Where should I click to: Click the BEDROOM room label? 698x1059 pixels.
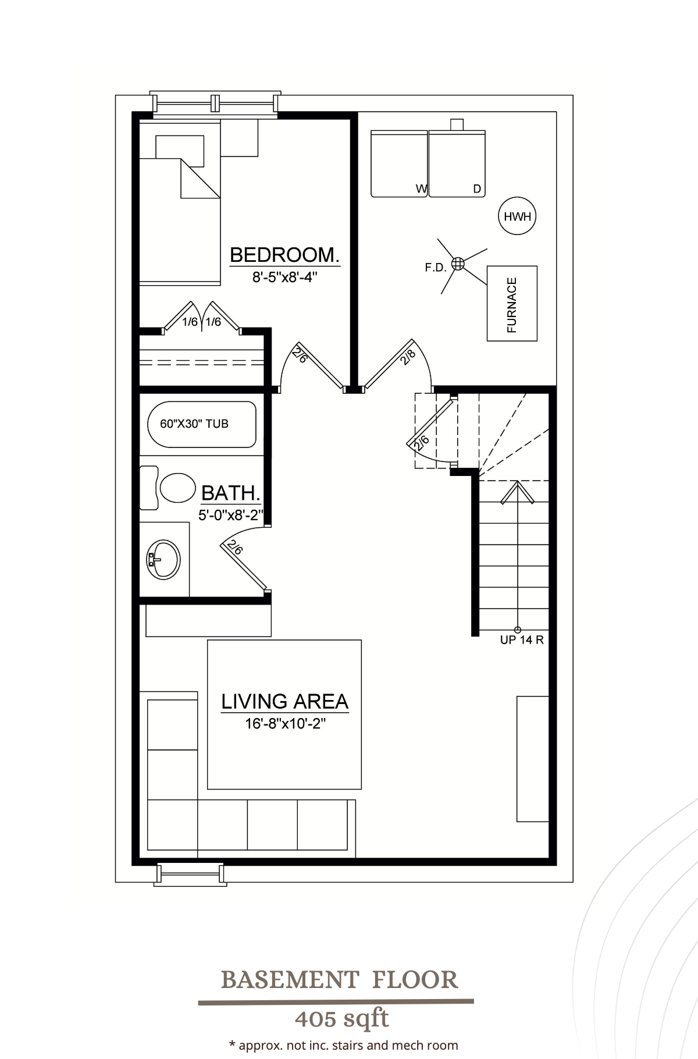coord(284,255)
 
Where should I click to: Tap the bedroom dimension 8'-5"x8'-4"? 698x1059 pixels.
coord(284,278)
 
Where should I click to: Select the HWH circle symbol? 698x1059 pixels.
coord(517,216)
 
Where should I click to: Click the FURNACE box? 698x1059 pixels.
coord(512,304)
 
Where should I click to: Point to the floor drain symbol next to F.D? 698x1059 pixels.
coord(458,264)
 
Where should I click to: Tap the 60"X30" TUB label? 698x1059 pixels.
coord(194,424)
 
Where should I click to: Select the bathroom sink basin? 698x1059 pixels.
coord(164,559)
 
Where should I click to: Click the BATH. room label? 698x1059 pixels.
coord(230,493)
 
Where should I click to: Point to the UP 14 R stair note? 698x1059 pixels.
coord(522,640)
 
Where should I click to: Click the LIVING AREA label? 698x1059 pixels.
coord(284,701)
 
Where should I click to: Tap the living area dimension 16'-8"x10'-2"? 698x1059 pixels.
coord(284,724)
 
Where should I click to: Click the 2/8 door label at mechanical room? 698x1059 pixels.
coord(408,357)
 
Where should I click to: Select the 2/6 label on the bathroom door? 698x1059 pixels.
coord(236,548)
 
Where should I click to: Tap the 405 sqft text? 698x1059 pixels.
coord(341,1019)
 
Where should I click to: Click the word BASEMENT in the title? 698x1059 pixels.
coord(289,980)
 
